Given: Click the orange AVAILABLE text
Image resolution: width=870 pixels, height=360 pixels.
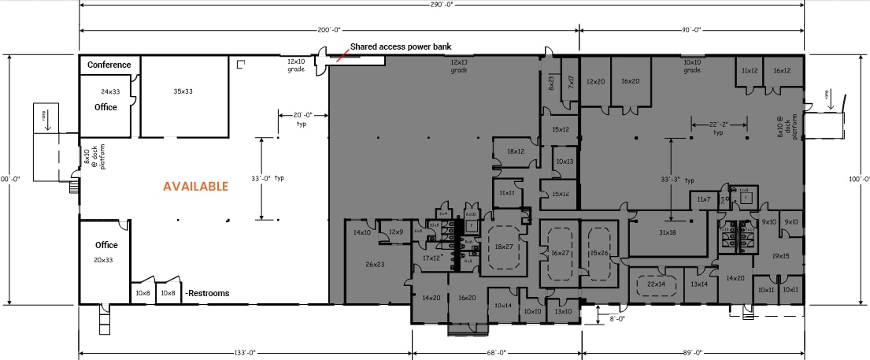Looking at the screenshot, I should (x=195, y=187).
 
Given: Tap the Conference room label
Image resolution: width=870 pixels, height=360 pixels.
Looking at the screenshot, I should (x=109, y=65).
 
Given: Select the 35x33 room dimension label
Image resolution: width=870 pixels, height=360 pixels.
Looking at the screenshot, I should (x=183, y=91).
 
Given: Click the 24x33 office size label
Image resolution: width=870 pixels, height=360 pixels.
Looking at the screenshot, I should (x=109, y=91).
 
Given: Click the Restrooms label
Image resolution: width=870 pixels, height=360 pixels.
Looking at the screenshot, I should (x=208, y=294).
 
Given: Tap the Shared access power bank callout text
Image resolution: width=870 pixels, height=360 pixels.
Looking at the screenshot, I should (x=411, y=46).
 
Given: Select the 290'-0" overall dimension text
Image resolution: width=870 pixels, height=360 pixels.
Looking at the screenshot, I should (x=442, y=4).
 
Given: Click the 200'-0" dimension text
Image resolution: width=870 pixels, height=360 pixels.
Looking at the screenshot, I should (x=329, y=30).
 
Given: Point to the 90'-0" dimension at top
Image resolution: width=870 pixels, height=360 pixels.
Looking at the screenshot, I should (x=692, y=30).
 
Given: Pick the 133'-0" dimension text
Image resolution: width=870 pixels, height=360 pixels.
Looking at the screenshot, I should (x=245, y=352).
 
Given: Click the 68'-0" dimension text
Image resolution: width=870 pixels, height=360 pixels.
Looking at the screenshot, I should (x=496, y=352).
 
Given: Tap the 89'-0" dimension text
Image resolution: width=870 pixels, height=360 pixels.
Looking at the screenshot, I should (x=693, y=352).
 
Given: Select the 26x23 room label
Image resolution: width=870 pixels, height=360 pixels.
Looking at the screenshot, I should (x=375, y=264).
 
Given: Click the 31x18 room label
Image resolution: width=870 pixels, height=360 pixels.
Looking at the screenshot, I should (x=667, y=232).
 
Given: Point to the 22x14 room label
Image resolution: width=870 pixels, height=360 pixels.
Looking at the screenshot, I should (x=655, y=284).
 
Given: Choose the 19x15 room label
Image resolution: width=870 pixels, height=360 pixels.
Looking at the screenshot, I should (x=780, y=256).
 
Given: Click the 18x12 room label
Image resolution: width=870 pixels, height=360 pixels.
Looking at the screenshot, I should (x=516, y=151).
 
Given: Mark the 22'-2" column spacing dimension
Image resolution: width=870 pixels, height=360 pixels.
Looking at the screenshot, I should (x=717, y=124).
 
